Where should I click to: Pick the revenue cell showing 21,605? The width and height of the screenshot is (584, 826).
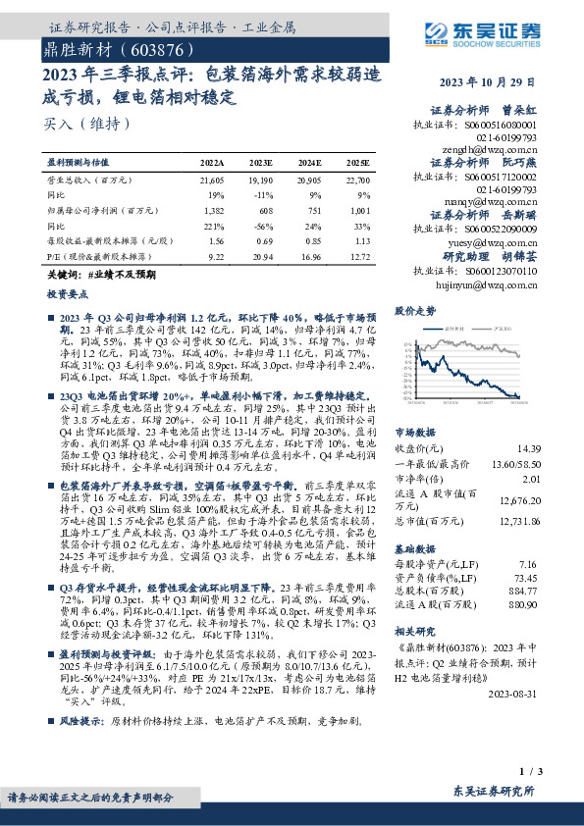pyautogui.click(x=211, y=181)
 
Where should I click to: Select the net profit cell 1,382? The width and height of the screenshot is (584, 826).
pyautogui.click(x=212, y=211)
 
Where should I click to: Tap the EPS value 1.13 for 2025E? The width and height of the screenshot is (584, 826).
pyautogui.click(x=361, y=240)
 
